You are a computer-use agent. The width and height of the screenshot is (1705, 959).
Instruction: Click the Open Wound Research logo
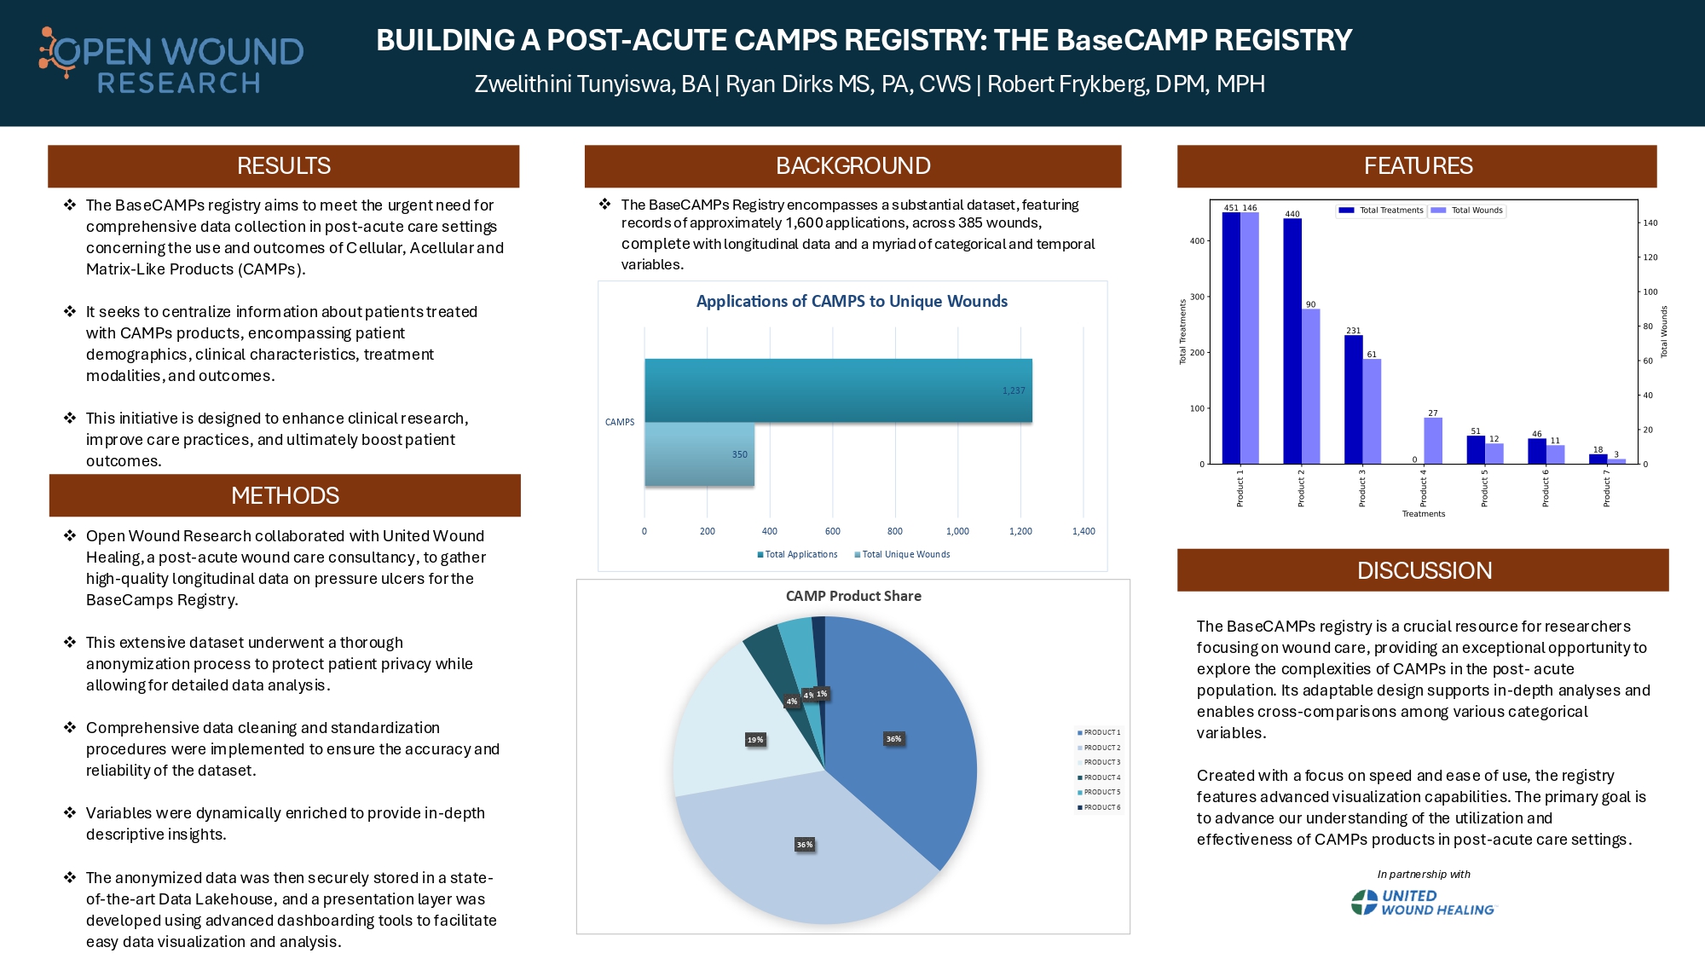pos(171,61)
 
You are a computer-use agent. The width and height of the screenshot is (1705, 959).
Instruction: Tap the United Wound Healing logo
pos(1424,903)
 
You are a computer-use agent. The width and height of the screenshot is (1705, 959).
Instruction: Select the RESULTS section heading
pos(284,166)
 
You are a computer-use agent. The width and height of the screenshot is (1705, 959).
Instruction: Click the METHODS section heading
pos(285,495)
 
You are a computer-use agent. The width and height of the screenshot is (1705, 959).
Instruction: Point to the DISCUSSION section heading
pos(1424,570)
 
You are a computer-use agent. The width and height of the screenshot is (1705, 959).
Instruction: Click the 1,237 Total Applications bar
pos(838,390)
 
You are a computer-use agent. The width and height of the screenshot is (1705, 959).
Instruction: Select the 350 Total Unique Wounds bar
pos(699,454)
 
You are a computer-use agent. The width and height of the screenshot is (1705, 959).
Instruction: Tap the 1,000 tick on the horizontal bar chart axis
pos(957,531)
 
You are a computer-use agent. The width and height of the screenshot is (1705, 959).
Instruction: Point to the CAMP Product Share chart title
pos(853,596)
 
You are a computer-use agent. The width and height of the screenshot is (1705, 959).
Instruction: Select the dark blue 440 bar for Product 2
pos(1292,341)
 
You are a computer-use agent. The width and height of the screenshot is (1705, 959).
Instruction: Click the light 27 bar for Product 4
pos(1433,441)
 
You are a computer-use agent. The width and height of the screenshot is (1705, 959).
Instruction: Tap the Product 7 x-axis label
pos(1606,488)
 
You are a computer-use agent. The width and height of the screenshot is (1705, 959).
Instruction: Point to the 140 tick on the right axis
pos(1650,222)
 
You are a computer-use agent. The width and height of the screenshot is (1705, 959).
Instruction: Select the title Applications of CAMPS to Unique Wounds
pos(852,301)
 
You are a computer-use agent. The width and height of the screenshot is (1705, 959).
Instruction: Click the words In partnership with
pos(1424,874)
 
